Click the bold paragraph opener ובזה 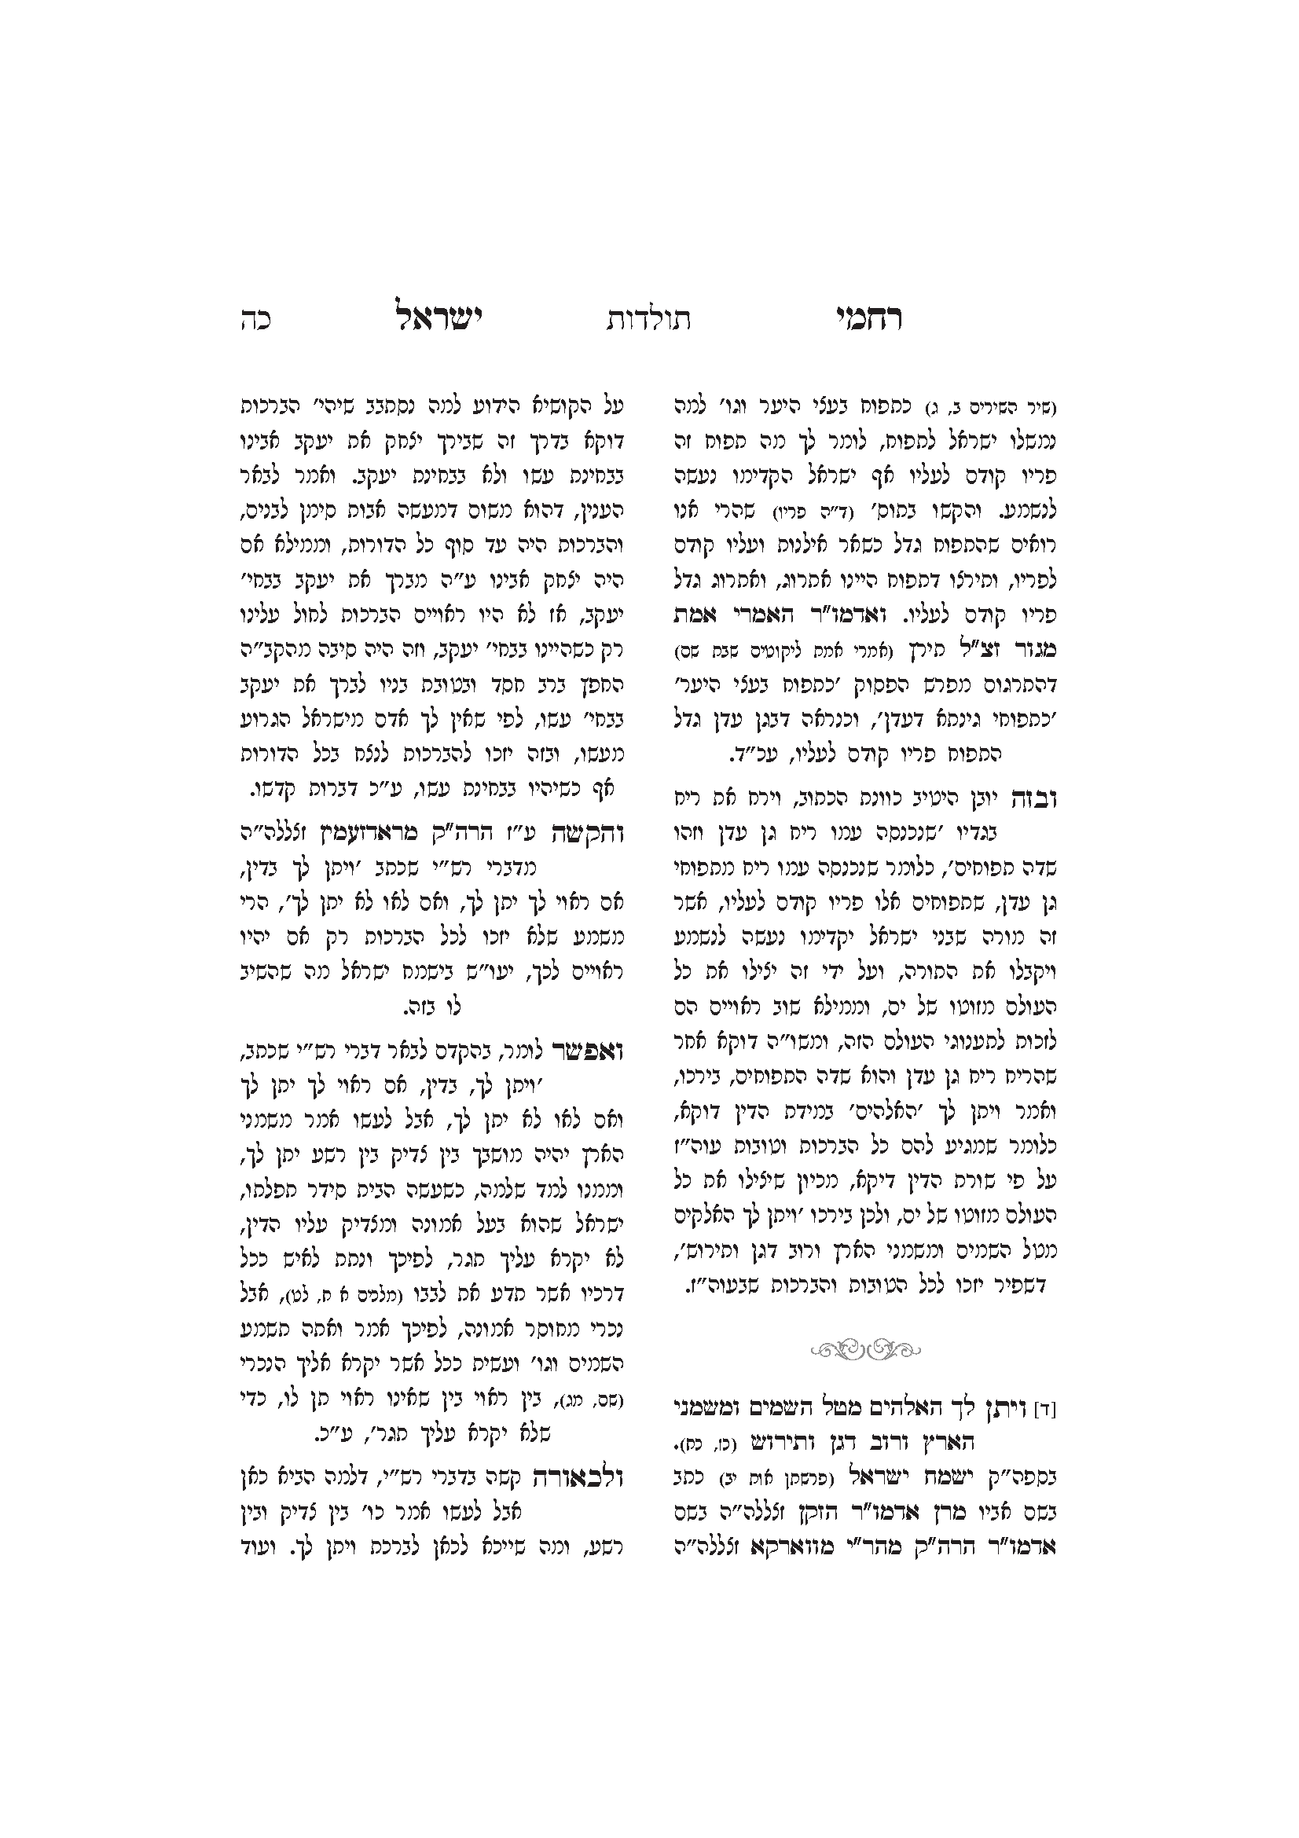1037,798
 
